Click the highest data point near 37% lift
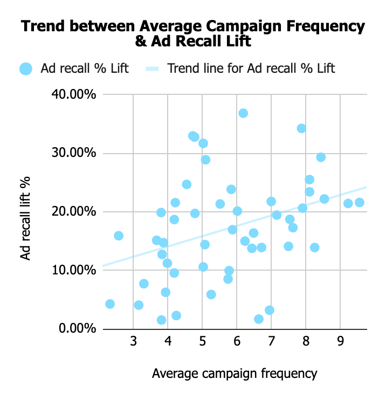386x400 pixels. pyautogui.click(x=243, y=113)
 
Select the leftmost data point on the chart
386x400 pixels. pyautogui.click(x=110, y=304)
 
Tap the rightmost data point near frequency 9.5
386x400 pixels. pyautogui.click(x=360, y=203)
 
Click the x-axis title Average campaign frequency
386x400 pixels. pyautogui.click(x=235, y=373)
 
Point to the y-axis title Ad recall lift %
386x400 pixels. pyautogui.click(x=25, y=212)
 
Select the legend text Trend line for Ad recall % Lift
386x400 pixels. pyautogui.click(x=251, y=69)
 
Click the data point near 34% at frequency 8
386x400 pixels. pyautogui.click(x=301, y=128)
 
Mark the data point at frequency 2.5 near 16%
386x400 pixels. pyautogui.click(x=119, y=236)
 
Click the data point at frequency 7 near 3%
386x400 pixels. pyautogui.click(x=270, y=310)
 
